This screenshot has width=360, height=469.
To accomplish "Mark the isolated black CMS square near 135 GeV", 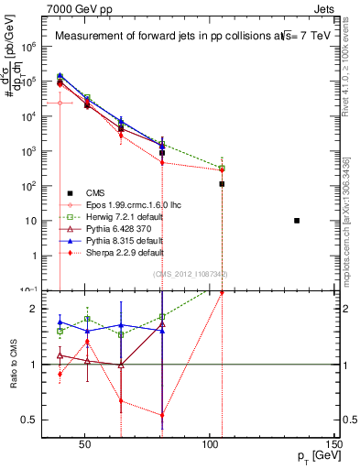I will (296, 221).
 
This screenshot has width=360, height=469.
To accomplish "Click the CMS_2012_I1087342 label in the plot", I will (190, 274).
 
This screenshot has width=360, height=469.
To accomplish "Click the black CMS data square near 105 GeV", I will (222, 184).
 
